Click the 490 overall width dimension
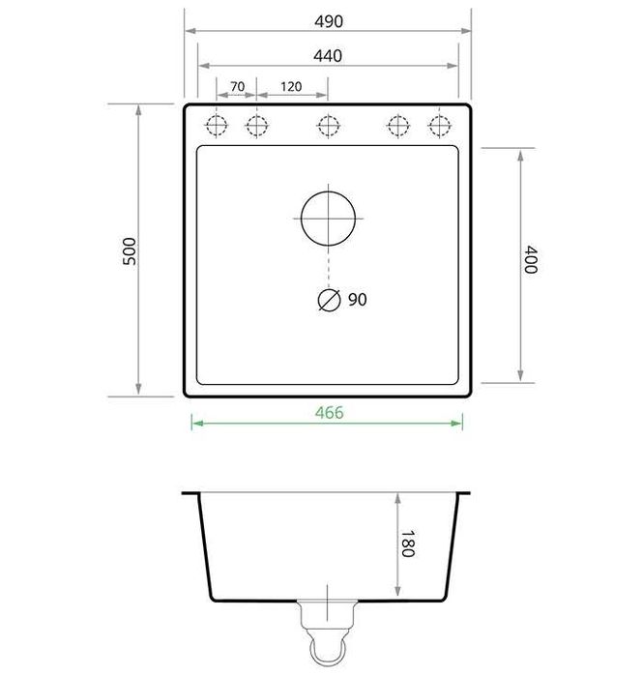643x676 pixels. [328, 21]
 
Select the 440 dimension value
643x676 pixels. [328, 56]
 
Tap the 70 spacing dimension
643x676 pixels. [237, 87]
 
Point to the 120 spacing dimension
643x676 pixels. [291, 87]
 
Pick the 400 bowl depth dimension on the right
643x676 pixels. [529, 260]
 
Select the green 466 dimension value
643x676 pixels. [329, 412]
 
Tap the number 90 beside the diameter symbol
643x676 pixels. [357, 301]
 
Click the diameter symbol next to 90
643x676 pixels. [329, 301]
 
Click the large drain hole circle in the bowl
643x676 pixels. [328, 217]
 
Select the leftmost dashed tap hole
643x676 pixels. [216, 125]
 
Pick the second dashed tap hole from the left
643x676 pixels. [255, 125]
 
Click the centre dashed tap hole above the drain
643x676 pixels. [328, 125]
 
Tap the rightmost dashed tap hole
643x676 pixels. [440, 125]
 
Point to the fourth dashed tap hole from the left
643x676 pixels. [397, 125]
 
